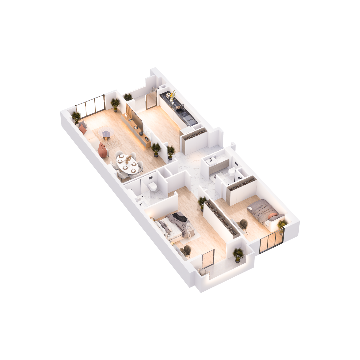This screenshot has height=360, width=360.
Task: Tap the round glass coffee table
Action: (106, 134)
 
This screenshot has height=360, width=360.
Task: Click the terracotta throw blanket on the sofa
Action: (103, 150)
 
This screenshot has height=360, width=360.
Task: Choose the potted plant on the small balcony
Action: (238, 254)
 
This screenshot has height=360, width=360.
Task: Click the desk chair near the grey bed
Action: (244, 225)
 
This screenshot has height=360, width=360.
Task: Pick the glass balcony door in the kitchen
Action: (151, 100)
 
